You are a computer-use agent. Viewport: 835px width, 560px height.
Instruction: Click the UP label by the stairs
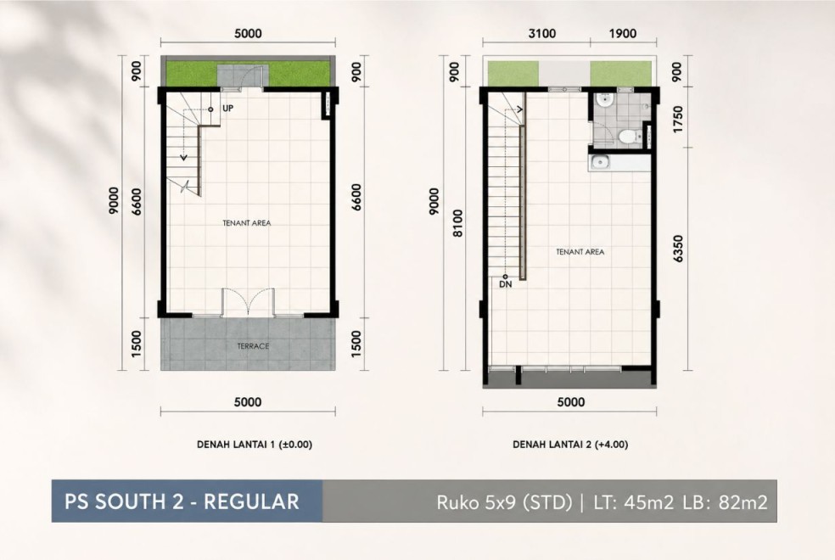227,108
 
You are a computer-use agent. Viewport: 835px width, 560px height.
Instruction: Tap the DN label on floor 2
506,284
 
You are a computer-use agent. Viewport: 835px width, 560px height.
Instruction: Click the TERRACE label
253,346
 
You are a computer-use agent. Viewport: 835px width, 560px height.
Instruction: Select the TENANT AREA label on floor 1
247,223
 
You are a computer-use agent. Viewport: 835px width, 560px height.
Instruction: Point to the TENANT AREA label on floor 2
580,252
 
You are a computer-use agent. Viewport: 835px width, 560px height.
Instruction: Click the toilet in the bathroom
629,137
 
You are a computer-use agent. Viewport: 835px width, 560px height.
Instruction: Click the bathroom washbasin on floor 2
604,100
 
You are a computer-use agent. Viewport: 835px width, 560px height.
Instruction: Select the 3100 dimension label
541,34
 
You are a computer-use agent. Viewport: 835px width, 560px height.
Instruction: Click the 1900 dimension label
623,34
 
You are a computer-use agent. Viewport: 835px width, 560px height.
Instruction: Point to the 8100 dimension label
457,223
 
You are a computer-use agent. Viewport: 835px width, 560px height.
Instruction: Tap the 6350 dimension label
677,249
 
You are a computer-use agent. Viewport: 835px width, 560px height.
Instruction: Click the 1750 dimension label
677,120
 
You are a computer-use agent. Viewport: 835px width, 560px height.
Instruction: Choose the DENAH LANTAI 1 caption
255,445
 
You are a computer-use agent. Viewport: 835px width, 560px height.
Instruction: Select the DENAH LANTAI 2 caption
570,445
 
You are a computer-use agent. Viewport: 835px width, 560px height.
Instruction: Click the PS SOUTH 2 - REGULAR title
182,501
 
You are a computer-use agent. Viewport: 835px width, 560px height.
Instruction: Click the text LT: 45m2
633,502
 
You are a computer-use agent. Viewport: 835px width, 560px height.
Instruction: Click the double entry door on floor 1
248,302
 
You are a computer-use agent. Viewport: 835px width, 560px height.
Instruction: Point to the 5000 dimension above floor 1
248,34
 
